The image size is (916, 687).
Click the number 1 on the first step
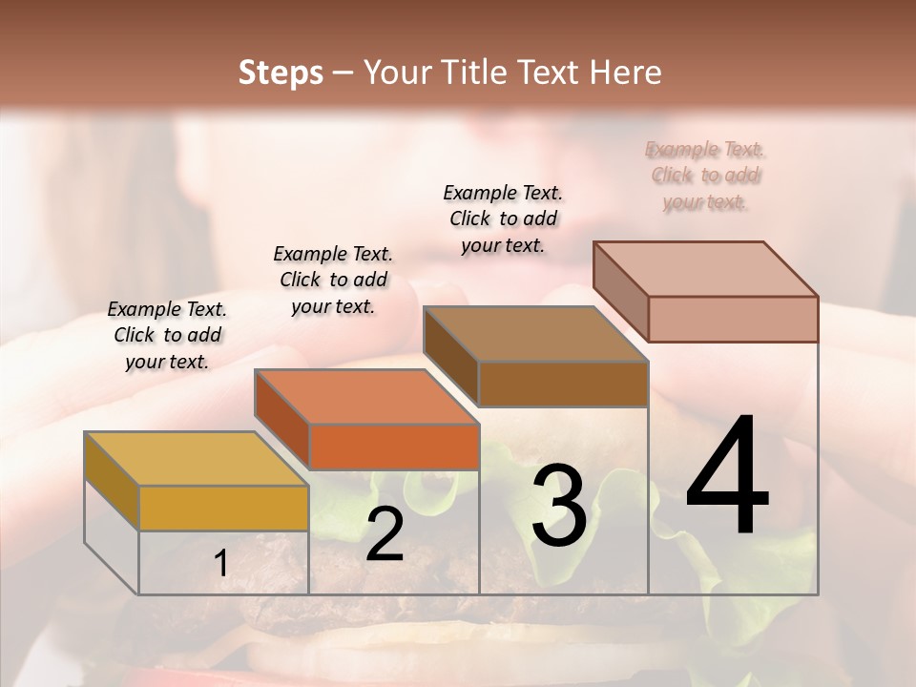coord(221,564)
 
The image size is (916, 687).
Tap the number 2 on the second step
coord(385,535)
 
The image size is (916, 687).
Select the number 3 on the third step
coord(558,506)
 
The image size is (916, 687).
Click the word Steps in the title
coord(281,73)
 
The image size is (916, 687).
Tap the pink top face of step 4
coord(705,269)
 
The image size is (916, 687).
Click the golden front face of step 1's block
coord(223,508)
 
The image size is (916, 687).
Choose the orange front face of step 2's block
coord(394,447)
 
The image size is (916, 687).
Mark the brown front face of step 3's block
coord(563,384)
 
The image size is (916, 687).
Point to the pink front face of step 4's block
coord(733,319)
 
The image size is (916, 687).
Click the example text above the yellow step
coord(167,335)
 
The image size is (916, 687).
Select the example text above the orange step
coord(333,280)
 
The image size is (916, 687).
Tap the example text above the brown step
coord(503,219)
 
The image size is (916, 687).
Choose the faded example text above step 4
coord(706,175)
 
